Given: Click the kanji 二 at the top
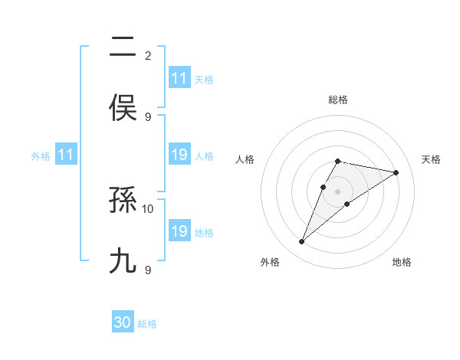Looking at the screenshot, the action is click(123, 48).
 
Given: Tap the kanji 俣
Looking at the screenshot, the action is click(123, 107).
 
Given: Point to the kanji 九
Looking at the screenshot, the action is click(123, 260).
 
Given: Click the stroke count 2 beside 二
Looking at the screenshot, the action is click(148, 55).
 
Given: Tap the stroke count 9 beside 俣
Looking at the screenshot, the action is click(148, 116).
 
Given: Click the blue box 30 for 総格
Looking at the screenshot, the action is click(123, 323).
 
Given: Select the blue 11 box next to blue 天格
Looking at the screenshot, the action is click(179, 78).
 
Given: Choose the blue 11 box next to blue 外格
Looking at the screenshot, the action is click(66, 155).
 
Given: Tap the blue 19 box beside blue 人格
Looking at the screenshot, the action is click(179, 155).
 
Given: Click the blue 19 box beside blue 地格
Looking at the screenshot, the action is click(179, 231).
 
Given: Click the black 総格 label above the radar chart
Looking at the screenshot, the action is click(338, 100).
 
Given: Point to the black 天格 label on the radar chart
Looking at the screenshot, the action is click(431, 159).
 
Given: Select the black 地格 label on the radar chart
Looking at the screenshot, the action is click(402, 263).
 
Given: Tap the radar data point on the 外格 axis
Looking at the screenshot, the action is click(302, 242).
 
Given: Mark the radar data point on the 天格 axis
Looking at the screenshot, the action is click(396, 172).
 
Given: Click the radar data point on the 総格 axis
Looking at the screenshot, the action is click(338, 161).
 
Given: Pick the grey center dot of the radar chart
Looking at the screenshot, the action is click(338, 191).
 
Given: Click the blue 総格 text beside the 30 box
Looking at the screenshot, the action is click(147, 324).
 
